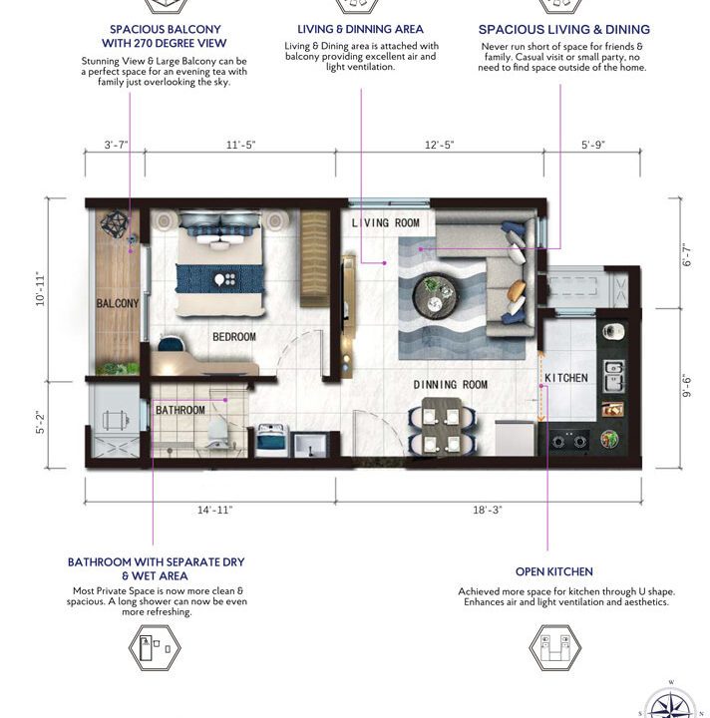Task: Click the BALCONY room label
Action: click(x=118, y=303)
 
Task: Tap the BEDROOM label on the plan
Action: click(x=233, y=337)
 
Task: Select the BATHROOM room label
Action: click(x=180, y=410)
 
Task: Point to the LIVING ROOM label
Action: click(x=385, y=222)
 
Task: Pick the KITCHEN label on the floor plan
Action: click(x=566, y=378)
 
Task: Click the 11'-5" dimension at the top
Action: click(x=240, y=146)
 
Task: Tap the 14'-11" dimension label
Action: click(x=213, y=510)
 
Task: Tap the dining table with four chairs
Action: click(x=440, y=426)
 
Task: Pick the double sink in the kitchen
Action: click(x=613, y=373)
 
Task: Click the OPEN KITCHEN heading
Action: click(x=553, y=571)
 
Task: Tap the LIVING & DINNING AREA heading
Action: click(x=360, y=30)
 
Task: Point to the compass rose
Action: click(x=671, y=702)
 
